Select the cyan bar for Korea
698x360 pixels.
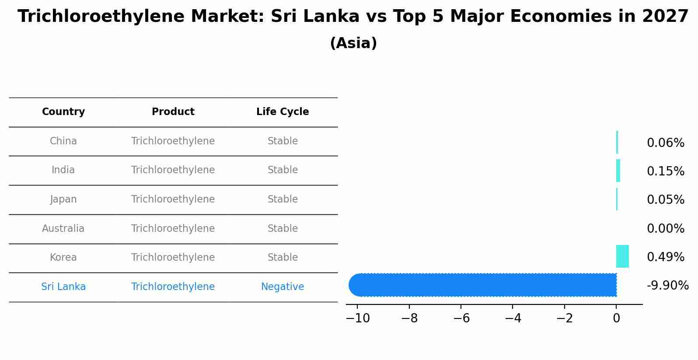tap(622, 256)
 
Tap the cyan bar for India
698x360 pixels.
tap(618, 171)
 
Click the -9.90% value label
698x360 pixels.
tap(667, 286)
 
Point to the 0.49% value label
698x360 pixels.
tap(665, 257)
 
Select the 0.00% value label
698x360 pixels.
tap(665, 229)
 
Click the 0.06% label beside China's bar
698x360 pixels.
tap(665, 143)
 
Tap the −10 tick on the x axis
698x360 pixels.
tap(358, 318)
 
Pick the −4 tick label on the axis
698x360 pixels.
tap(513, 318)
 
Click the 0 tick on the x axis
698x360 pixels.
tap(616, 318)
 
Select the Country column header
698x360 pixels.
tap(63, 112)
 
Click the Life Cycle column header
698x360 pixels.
tap(283, 112)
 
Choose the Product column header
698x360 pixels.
tap(173, 112)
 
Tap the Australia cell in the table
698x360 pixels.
tap(63, 228)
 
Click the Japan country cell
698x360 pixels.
tap(63, 199)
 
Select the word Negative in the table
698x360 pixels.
tap(283, 287)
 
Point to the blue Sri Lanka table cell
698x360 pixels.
tap(63, 287)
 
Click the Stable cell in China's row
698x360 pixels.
tap(283, 141)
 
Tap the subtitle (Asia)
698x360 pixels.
tap(353, 43)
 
